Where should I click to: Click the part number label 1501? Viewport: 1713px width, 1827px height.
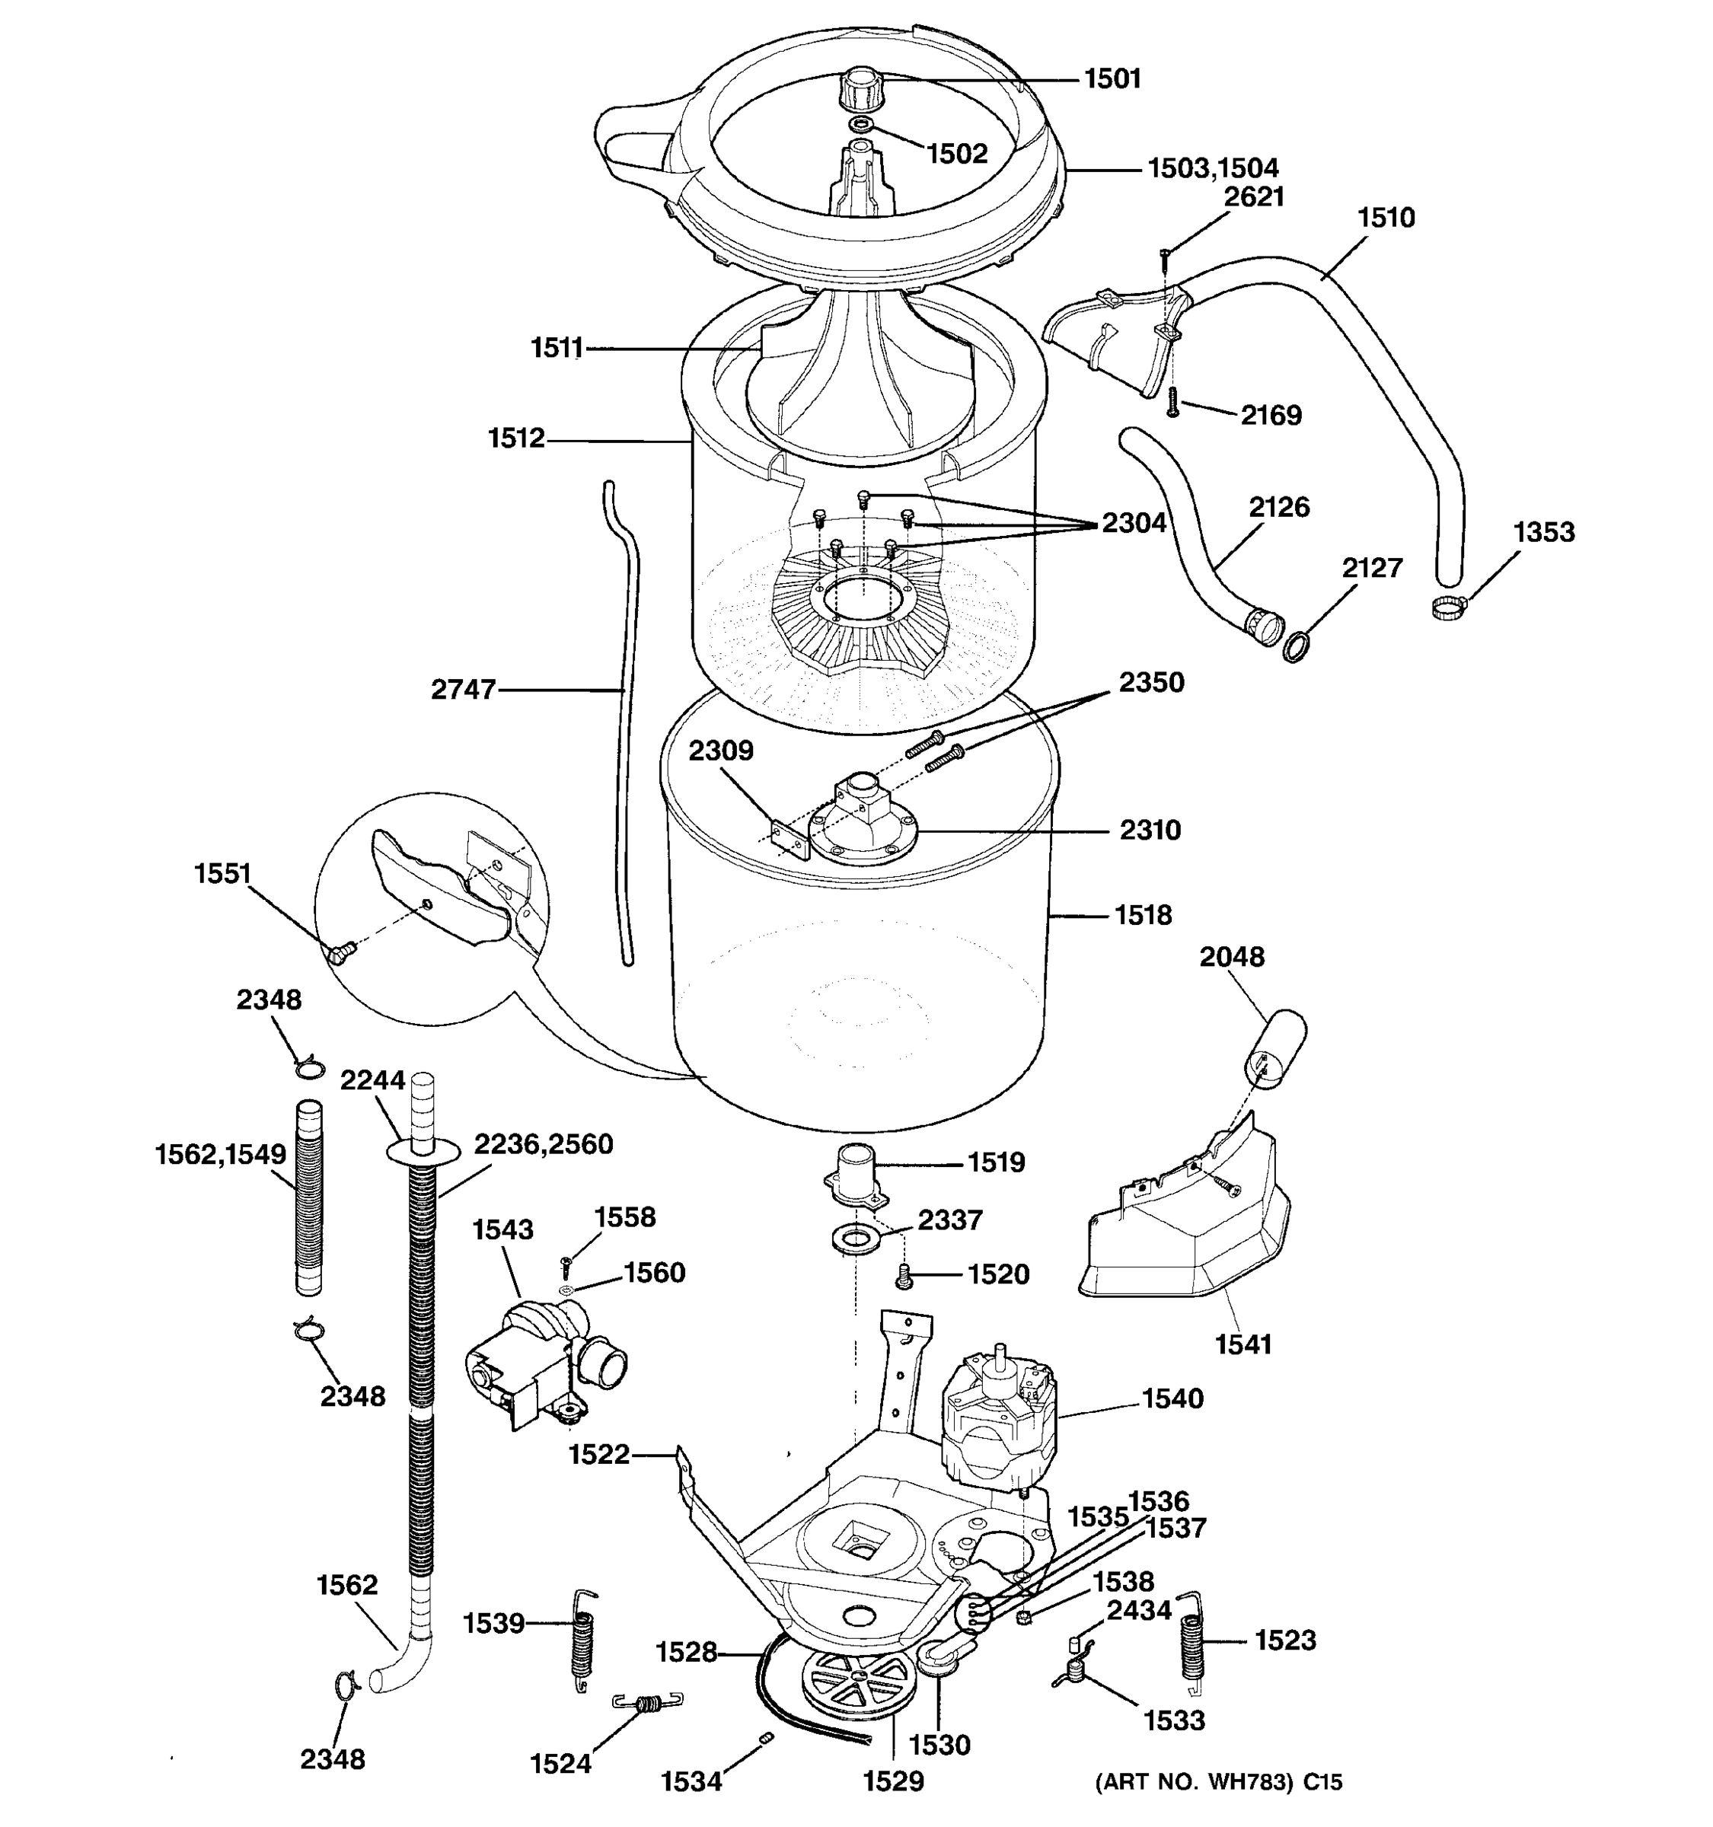coord(1112,79)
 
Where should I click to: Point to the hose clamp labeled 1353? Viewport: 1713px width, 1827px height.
coord(1447,607)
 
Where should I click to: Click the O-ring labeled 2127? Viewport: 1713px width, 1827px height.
coord(1296,649)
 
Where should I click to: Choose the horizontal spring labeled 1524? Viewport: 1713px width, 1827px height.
coord(648,1702)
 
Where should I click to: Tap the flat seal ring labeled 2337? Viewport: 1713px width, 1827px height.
coord(855,1239)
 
